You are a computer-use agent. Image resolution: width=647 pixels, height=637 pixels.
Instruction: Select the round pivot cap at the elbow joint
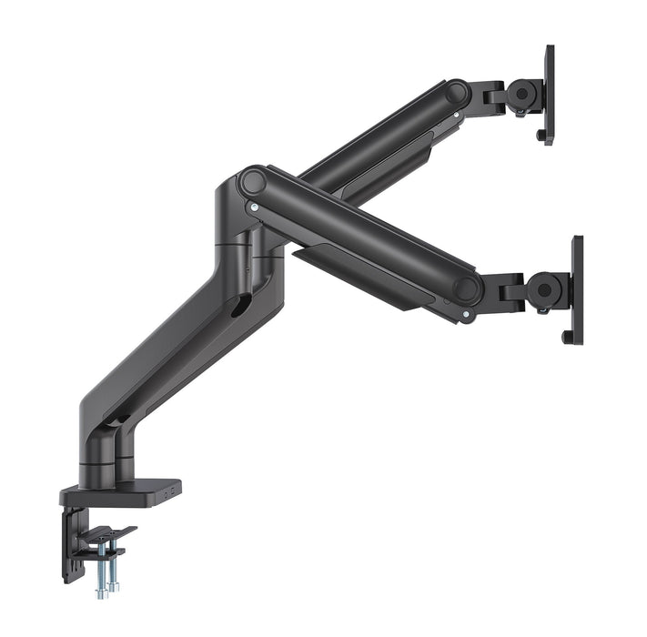[251, 181]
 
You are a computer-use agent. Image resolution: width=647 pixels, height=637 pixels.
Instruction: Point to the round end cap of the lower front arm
[467, 289]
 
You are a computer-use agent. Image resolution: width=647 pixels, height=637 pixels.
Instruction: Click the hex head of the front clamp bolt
[101, 594]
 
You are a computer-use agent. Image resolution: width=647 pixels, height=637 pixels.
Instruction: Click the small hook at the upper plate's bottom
[542, 137]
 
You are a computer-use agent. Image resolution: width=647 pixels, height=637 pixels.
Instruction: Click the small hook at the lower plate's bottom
[569, 338]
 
